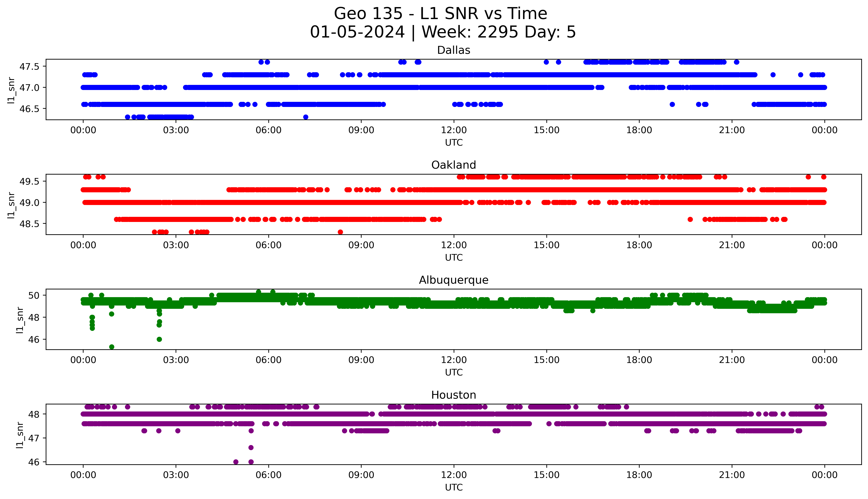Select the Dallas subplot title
click(454, 50)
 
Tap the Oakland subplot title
click(454, 165)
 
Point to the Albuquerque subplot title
click(454, 280)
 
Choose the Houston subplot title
click(454, 395)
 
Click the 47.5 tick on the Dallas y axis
click(30, 66)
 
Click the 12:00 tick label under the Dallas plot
click(454, 130)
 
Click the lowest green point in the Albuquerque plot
click(112, 347)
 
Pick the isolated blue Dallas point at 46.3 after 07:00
click(306, 117)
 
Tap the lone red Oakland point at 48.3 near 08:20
click(340, 232)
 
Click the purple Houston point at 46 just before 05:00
click(236, 462)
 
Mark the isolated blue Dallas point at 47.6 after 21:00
click(736, 62)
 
